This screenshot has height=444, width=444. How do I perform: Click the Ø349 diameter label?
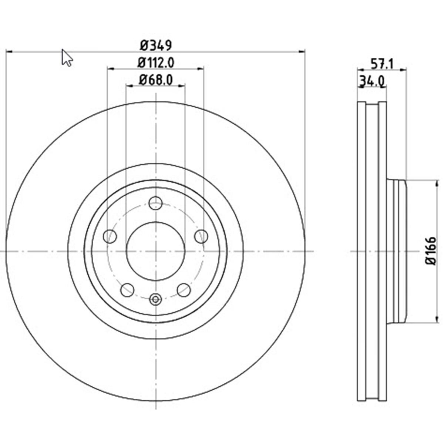click(156, 46)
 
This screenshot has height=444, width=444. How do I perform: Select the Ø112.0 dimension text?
click(156, 63)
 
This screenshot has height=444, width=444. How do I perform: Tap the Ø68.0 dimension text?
click(156, 80)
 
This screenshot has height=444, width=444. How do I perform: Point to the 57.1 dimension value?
click(381, 64)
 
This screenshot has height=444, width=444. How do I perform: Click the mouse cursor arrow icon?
click(67, 58)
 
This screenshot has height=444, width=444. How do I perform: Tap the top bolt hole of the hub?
click(156, 203)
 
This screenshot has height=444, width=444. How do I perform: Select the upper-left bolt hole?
click(110, 236)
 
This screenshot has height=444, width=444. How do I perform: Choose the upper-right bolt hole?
click(201, 236)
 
